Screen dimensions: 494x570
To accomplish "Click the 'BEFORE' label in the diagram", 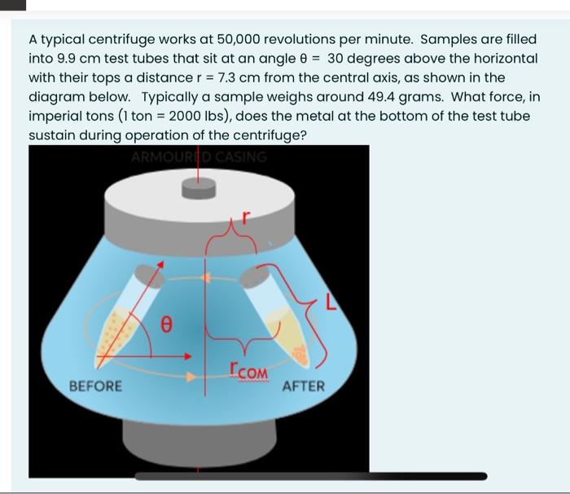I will coord(95,386).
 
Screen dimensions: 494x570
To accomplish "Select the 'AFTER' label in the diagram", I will coord(303,386).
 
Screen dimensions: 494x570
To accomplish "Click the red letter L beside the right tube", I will coord(331,305).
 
